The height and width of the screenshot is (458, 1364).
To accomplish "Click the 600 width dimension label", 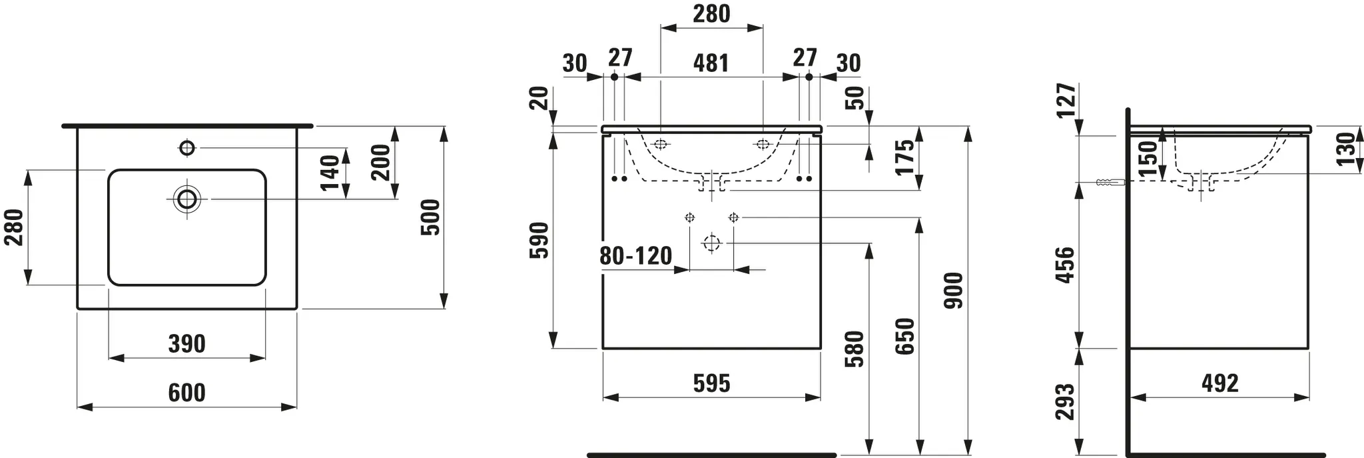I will pos(186,393).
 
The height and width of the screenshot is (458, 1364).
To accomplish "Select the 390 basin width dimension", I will pos(186,344).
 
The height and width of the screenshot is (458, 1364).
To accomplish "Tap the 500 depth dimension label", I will pos(431,217).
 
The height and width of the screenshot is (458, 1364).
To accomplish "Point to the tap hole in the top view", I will pos(187,147).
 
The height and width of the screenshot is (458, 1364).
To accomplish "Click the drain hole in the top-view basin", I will pos(187,198).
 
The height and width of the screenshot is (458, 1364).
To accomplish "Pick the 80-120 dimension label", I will pos(635,255).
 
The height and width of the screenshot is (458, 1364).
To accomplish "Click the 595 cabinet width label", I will pos(711,383).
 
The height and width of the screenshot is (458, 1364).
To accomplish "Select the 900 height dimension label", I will pos(954,290).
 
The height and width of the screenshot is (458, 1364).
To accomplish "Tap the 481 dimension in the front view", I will pos(711,63).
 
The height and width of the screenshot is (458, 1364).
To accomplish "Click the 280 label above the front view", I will pos(711,13).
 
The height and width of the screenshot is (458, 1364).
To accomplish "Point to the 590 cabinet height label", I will pos(539,241).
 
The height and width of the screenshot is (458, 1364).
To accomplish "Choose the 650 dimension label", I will pos(905,337).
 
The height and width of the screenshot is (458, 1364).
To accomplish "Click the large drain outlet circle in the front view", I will pos(711,243).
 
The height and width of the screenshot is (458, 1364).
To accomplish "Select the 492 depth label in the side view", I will pos(1220,383).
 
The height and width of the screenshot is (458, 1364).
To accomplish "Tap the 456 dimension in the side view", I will pos(1066,265).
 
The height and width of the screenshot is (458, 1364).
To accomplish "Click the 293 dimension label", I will pos(1066,402).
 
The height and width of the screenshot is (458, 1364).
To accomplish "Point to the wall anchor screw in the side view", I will pos(1108,183).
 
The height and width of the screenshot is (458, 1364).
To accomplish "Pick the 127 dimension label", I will pos(1066,101).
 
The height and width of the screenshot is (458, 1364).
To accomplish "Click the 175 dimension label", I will pos(904,157).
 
